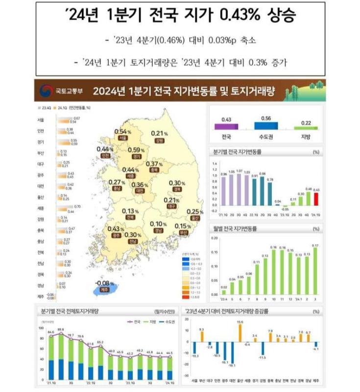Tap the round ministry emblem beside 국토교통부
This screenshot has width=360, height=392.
coord(46,92)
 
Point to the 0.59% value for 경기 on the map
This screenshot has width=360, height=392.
coord(135,150)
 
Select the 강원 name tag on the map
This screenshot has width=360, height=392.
coord(158,140)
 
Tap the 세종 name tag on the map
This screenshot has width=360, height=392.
coord(130,175)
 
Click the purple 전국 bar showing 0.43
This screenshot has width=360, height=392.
coord(226,126)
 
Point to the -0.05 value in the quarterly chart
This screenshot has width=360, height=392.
coord(285,209)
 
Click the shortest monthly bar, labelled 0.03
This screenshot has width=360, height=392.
coord(224,292)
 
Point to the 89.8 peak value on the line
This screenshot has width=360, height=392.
coord(61,329)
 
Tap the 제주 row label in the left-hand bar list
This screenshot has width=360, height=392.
coord(41,295)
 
